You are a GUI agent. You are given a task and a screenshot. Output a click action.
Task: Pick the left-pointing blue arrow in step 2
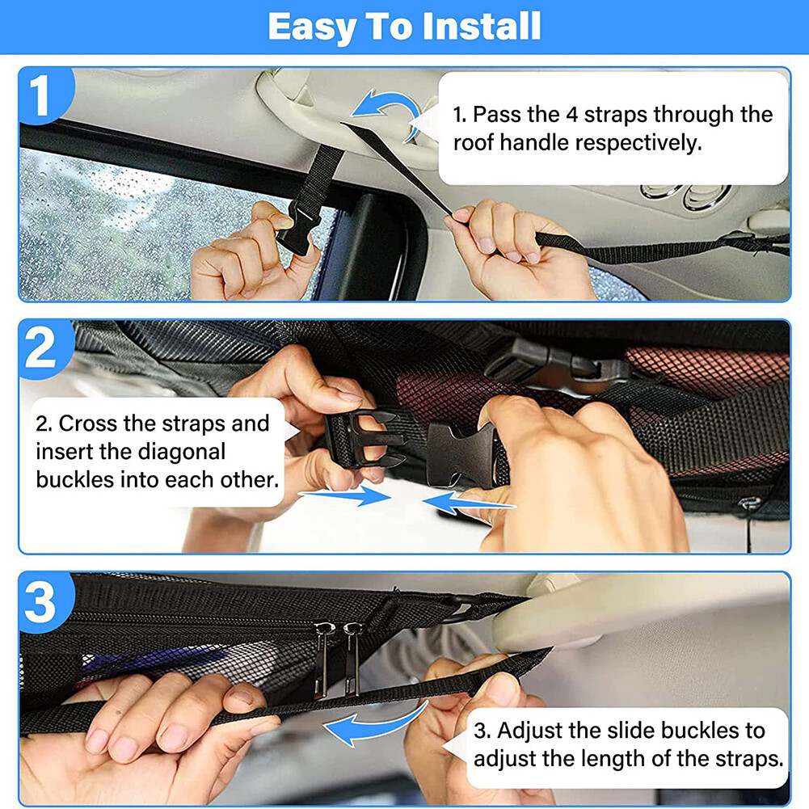tap(469, 505)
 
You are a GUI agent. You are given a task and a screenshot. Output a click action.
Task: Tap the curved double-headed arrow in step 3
tap(376, 723)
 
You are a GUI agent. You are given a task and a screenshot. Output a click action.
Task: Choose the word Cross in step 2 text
tap(87, 423)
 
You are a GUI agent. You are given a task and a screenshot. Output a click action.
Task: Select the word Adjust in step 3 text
tap(529, 731)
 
